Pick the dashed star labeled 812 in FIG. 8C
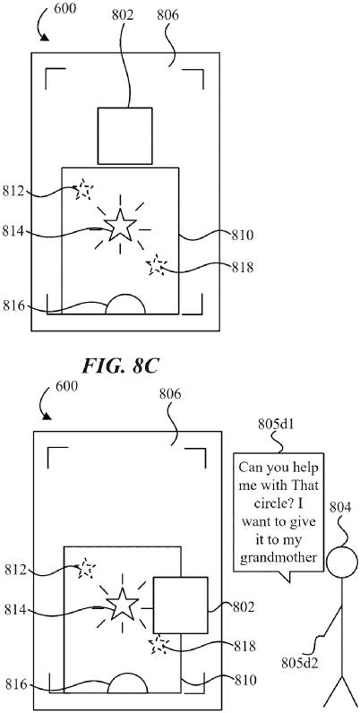83,189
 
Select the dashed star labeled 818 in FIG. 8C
157,264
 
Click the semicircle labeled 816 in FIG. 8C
126,305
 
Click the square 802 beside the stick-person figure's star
180,605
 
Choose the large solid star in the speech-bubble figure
121,606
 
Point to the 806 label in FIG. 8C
168,15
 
